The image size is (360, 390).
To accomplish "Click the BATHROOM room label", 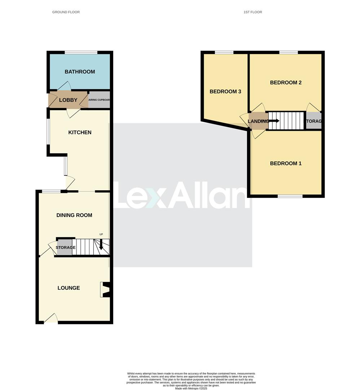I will pyautogui.click(x=80, y=72).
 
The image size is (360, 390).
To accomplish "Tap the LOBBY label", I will pyautogui.click(x=68, y=100).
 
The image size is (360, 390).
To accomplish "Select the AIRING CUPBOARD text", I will pyautogui.click(x=99, y=100).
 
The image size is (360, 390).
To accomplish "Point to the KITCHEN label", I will pyautogui.click(x=80, y=133).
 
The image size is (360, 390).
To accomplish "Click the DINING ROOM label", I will pyautogui.click(x=74, y=215).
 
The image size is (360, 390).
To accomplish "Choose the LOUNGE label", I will pyautogui.click(x=69, y=288).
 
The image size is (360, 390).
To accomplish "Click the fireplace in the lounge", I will pyautogui.click(x=105, y=290).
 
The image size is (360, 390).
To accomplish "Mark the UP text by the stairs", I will pyautogui.click(x=101, y=234).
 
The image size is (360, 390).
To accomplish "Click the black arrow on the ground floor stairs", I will pyautogui.click(x=101, y=246).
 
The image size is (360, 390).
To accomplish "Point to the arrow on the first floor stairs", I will pyautogui.click(x=274, y=121).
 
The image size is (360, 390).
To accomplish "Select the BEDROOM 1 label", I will pyautogui.click(x=286, y=164).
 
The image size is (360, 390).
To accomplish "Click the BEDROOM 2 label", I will pyautogui.click(x=286, y=83).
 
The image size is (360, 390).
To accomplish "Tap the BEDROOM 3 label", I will pyautogui.click(x=225, y=92).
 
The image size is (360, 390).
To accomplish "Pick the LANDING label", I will pyautogui.click(x=258, y=121).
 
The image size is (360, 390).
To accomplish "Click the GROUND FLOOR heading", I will pyautogui.click(x=66, y=12).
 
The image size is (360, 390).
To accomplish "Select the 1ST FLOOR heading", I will pyautogui.click(x=253, y=12).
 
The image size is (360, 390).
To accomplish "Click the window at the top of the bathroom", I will pyautogui.click(x=81, y=52).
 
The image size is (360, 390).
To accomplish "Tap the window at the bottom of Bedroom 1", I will pyautogui.click(x=290, y=196).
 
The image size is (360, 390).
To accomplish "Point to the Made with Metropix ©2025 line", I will pyautogui.click(x=191, y=389).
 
